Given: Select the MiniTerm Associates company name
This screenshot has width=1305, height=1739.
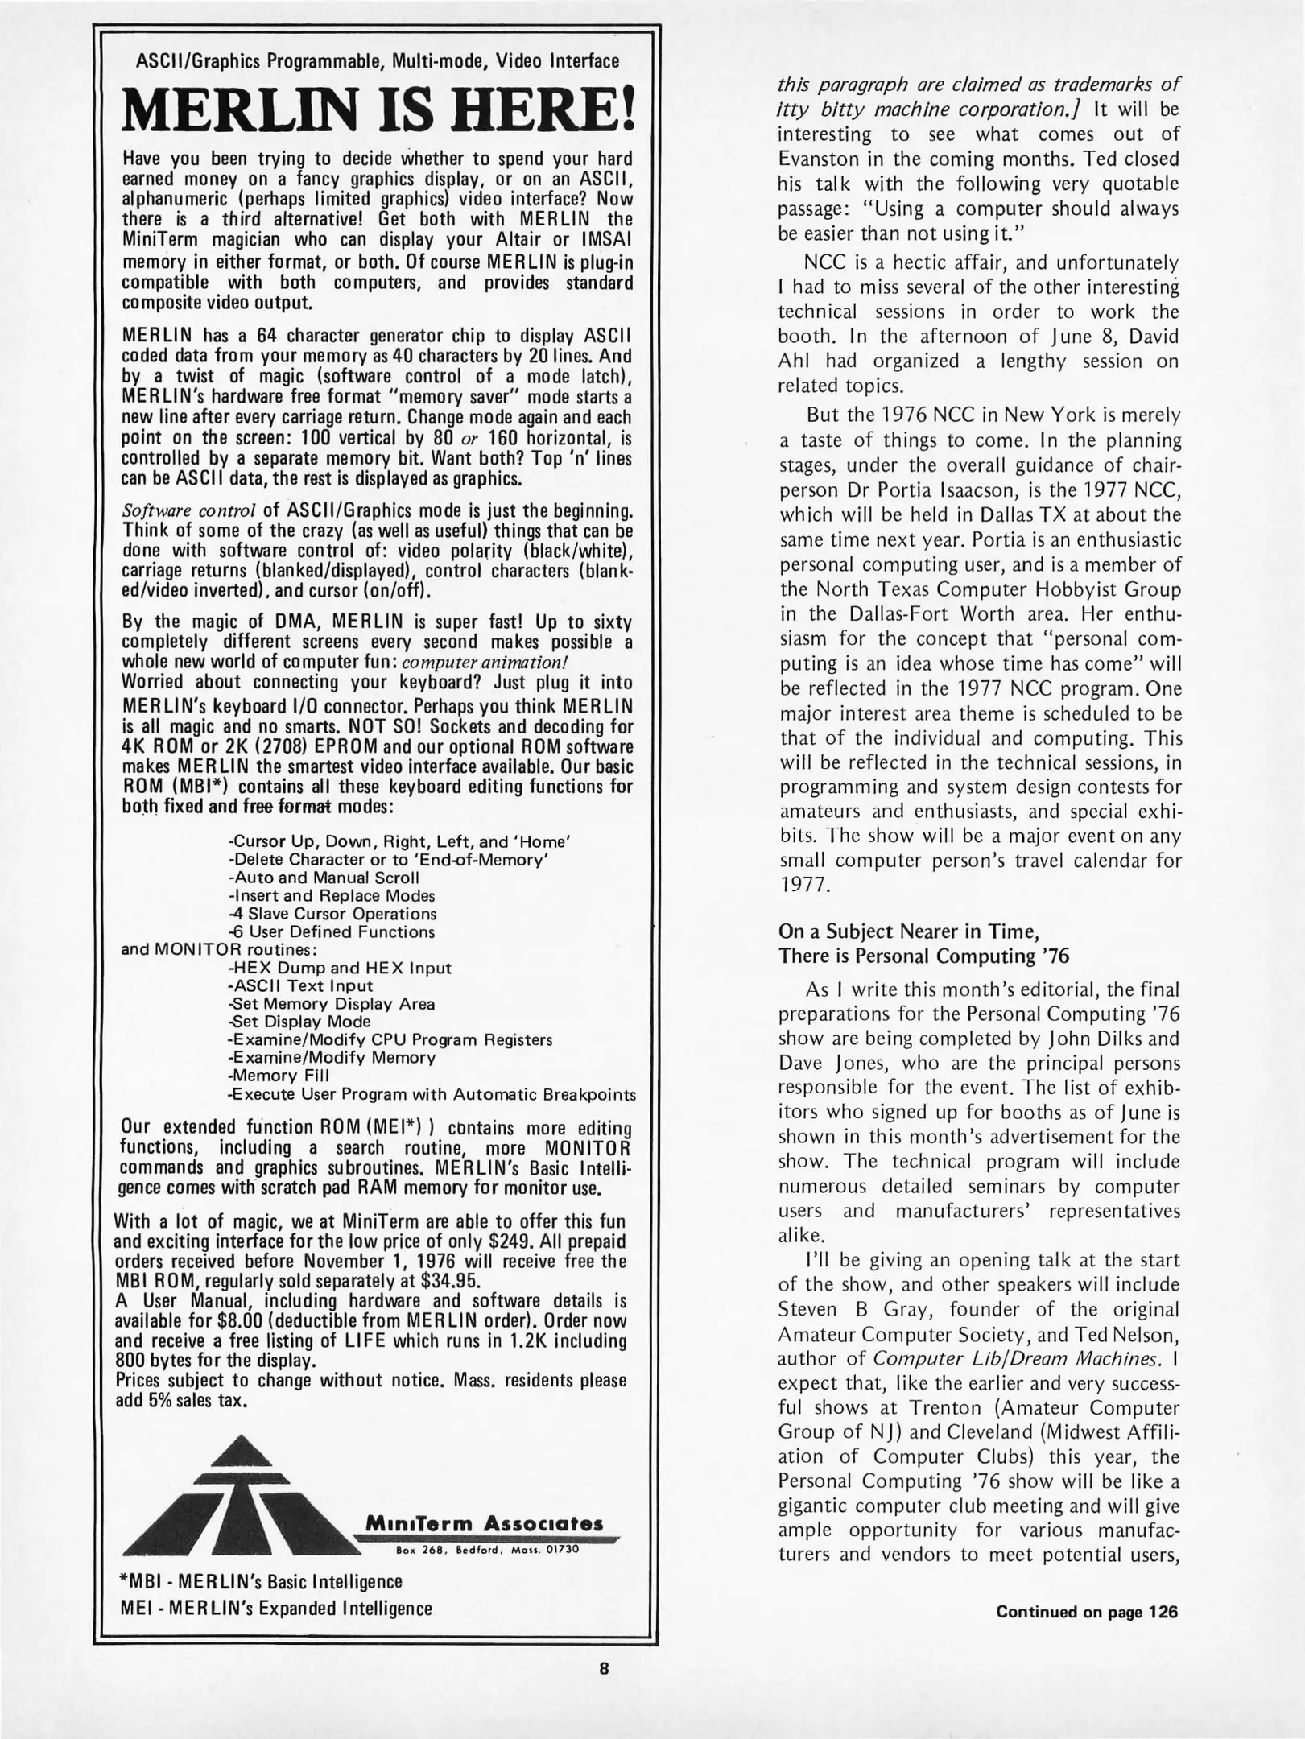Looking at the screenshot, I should [484, 1524].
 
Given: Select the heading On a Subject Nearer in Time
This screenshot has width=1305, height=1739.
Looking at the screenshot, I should [908, 931].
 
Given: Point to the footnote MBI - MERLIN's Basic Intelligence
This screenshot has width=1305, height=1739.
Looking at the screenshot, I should [261, 1581].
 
